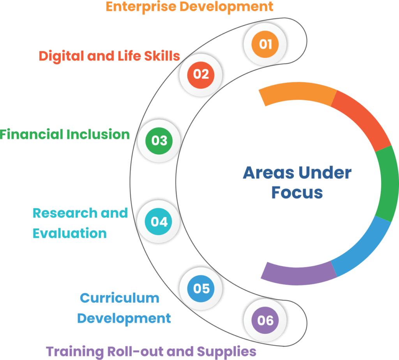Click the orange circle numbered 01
coord(265,44)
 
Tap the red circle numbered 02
coord(201,74)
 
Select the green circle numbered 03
coord(159,140)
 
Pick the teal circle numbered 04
coord(159,222)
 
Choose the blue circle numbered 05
coord(201,288)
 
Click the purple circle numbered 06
coord(265,320)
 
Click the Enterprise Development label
coord(189,7)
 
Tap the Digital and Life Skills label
coord(109,56)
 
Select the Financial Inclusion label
coord(65,134)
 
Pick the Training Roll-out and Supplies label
coord(151,351)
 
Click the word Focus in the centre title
coord(297,192)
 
